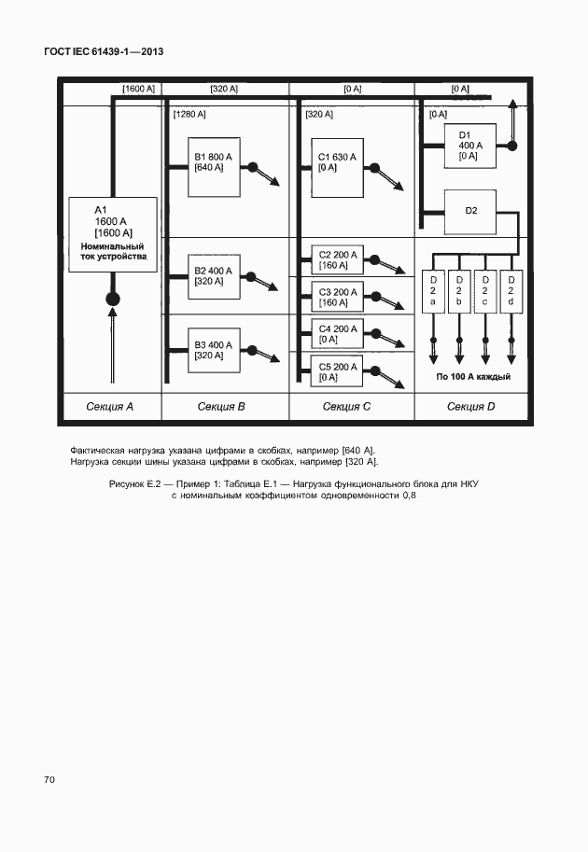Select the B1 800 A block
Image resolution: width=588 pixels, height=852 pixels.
pyautogui.click(x=214, y=168)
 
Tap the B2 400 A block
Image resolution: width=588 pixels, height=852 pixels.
pyautogui.click(x=214, y=275)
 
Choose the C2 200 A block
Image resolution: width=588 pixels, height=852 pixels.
pyautogui.click(x=336, y=260)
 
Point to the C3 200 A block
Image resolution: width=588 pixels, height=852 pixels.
pyautogui.click(x=336, y=297)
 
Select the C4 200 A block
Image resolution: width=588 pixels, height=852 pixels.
pyautogui.click(x=336, y=334)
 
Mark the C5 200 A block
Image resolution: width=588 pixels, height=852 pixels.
pyautogui.click(x=336, y=372)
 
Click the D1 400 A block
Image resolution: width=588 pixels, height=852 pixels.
pyautogui.click(x=470, y=146)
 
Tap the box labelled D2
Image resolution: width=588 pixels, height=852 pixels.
pyautogui.click(x=470, y=211)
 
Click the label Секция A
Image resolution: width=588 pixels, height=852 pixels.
pyautogui.click(x=110, y=407)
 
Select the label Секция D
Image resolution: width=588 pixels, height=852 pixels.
pyautogui.click(x=471, y=407)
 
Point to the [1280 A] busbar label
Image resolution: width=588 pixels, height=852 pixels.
pyautogui.click(x=189, y=114)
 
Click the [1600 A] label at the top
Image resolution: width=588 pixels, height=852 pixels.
pyautogui.click(x=138, y=89)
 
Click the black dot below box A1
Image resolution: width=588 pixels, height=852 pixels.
pyautogui.click(x=112, y=300)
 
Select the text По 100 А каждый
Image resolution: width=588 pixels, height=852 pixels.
pyautogui.click(x=472, y=377)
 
